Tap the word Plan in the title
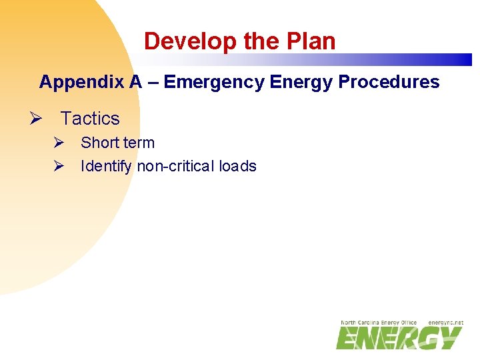click(313, 41)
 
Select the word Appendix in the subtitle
click(82, 82)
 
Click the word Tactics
click(90, 119)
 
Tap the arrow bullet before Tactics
click(36, 119)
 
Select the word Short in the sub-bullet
click(98, 143)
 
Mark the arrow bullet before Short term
click(59, 143)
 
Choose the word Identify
click(106, 166)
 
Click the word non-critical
click(177, 166)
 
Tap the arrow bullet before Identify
click(59, 166)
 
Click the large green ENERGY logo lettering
click(399, 338)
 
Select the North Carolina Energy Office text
click(378, 323)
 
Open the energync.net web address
click(445, 323)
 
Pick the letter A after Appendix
click(136, 82)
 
